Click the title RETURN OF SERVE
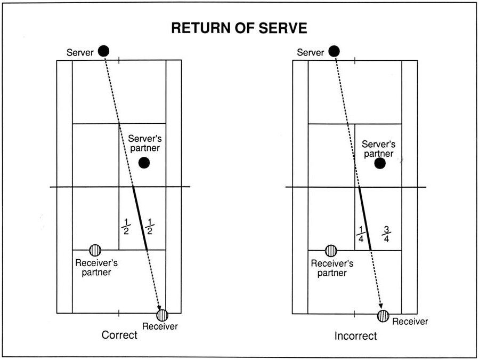click(x=239, y=28)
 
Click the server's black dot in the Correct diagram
click(x=103, y=51)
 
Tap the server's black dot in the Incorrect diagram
click(x=334, y=51)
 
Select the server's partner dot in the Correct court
click(x=144, y=163)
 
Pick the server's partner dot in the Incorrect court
click(x=380, y=163)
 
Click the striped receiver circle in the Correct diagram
click(x=162, y=315)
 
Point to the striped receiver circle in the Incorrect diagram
click(x=383, y=316)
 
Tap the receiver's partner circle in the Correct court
click(x=95, y=250)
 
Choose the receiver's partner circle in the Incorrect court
click(x=331, y=251)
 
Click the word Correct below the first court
click(x=119, y=335)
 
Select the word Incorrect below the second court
click(x=355, y=336)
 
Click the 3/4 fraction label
click(x=386, y=234)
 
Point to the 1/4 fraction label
click(x=361, y=234)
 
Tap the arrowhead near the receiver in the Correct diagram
click(x=159, y=308)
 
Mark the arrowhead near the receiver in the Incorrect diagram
click(x=380, y=306)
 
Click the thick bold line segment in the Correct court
click(x=140, y=218)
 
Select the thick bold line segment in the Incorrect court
click(x=365, y=219)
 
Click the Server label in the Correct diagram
click(x=80, y=52)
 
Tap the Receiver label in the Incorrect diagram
click(x=410, y=322)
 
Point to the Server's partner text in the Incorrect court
click(x=378, y=149)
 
